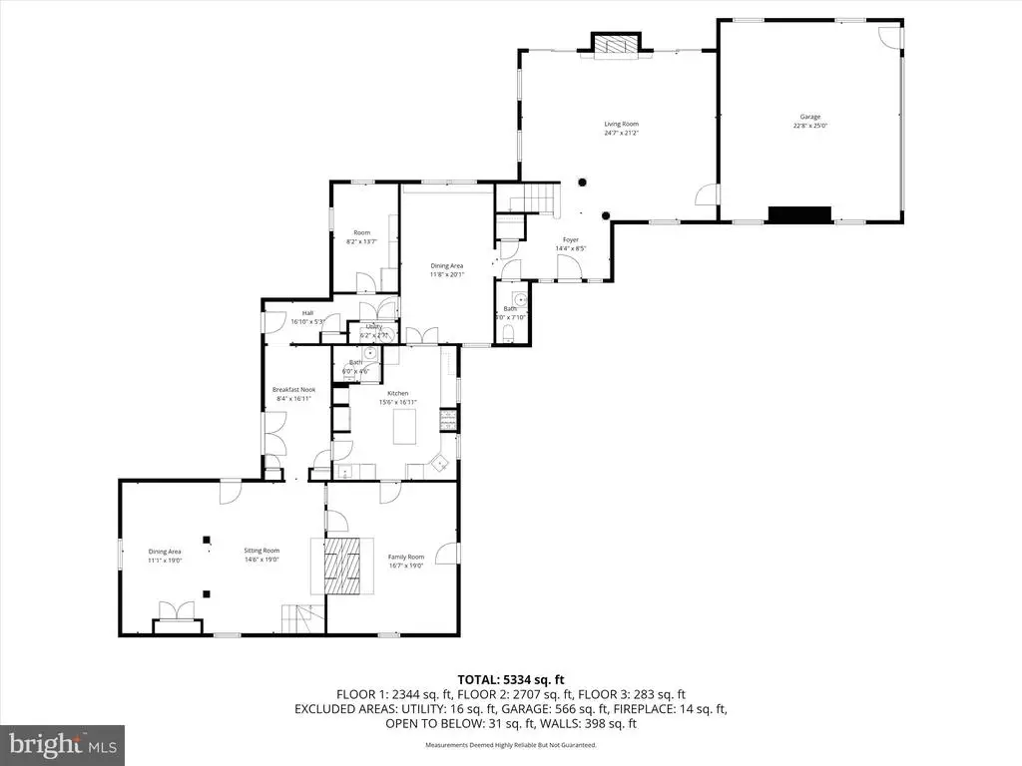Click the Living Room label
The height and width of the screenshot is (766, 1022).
pyautogui.click(x=620, y=128)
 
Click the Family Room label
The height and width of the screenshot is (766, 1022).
pyautogui.click(x=406, y=561)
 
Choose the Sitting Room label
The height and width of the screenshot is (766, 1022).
pyautogui.click(x=262, y=554)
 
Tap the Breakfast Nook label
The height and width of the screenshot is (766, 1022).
pyautogui.click(x=292, y=393)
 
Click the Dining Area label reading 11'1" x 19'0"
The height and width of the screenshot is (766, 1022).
pyautogui.click(x=165, y=556)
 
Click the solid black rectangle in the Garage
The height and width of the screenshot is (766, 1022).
pyautogui.click(x=799, y=214)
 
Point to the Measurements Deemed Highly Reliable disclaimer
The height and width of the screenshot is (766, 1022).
pyautogui.click(x=510, y=745)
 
